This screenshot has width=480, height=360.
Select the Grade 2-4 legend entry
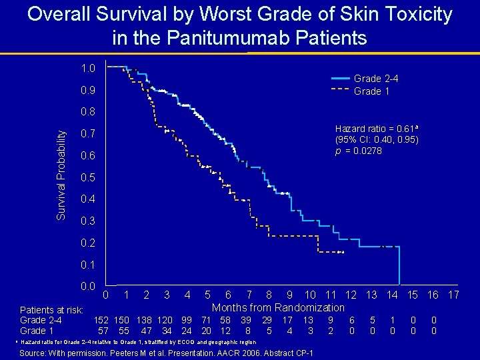click(376, 79)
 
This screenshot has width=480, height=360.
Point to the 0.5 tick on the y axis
click(87, 178)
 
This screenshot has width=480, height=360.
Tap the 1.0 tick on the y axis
click(87, 68)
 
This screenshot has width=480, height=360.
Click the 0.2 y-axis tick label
click(87, 243)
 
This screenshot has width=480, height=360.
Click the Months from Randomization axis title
click(278, 307)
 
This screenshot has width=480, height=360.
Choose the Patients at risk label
click(51, 310)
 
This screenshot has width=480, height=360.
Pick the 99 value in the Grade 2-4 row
click(187, 320)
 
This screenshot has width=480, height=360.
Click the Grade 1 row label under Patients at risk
click(37, 330)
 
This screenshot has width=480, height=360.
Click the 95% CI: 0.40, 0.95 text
click(377, 140)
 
